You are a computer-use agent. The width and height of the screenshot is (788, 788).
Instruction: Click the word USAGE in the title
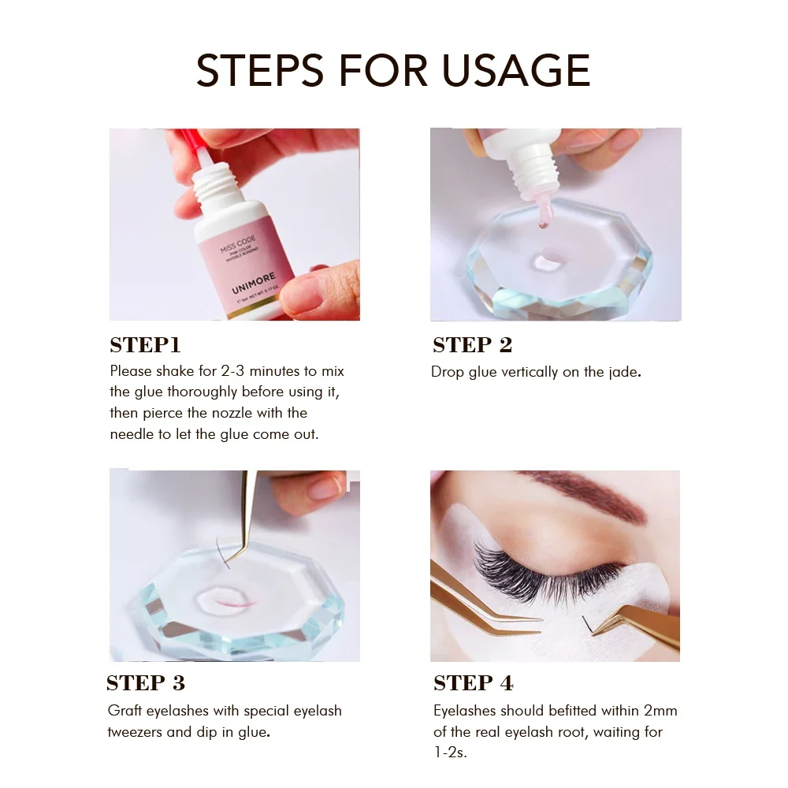pos(516,70)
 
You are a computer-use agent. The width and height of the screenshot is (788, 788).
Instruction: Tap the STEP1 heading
pos(145,345)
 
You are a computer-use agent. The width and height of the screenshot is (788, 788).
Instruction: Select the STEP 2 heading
pos(472,345)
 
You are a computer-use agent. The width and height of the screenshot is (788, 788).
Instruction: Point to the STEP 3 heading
pos(146,683)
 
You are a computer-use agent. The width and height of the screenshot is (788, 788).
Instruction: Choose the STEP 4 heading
pos(474,683)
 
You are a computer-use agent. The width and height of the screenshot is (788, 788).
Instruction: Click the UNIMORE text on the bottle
pos(254,283)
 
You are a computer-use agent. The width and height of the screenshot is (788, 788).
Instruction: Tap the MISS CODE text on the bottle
pos(238,243)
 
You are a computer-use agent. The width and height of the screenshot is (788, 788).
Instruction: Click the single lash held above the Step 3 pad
pos(221,553)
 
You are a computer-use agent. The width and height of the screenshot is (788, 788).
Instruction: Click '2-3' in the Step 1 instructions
pos(232,371)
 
